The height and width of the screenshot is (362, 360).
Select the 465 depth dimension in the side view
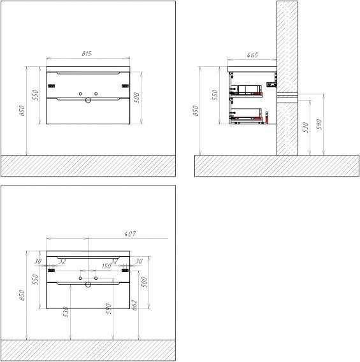[252, 56]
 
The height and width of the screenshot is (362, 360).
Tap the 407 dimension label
[131, 234]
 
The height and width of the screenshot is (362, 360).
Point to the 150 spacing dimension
[106, 266]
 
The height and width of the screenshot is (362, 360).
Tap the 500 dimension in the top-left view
[136, 96]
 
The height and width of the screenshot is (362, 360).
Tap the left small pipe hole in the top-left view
[80, 94]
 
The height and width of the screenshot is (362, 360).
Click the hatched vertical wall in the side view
[287, 76]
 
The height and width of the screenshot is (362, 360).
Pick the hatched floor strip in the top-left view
[88, 166]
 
